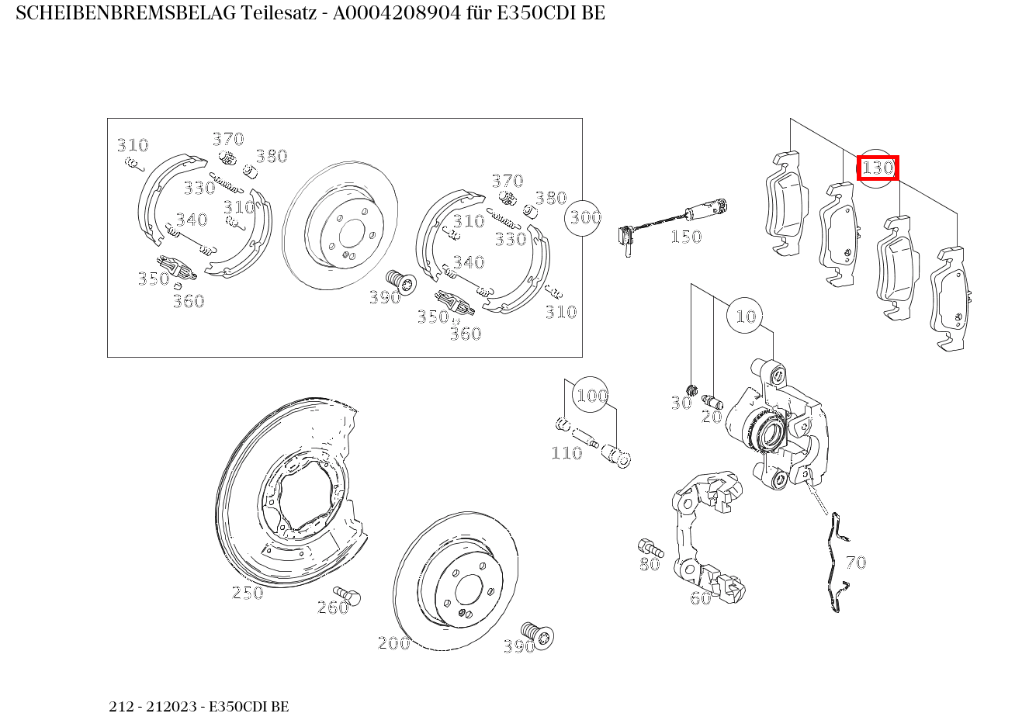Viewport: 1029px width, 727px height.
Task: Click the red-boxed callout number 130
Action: (878, 168)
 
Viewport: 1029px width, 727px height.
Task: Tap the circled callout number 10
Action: (745, 316)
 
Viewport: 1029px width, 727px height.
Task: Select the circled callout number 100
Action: (591, 396)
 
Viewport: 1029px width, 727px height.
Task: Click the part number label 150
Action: (685, 237)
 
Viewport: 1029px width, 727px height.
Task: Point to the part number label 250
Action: (248, 594)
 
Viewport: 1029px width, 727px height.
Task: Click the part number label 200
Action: (393, 643)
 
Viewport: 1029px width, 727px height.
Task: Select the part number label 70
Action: (855, 563)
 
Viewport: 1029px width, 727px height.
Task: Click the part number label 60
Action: (700, 598)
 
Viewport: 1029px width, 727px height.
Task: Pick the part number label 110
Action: (566, 453)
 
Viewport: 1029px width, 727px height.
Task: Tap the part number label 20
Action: (711, 417)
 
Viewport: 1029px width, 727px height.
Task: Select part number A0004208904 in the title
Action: (404, 14)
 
